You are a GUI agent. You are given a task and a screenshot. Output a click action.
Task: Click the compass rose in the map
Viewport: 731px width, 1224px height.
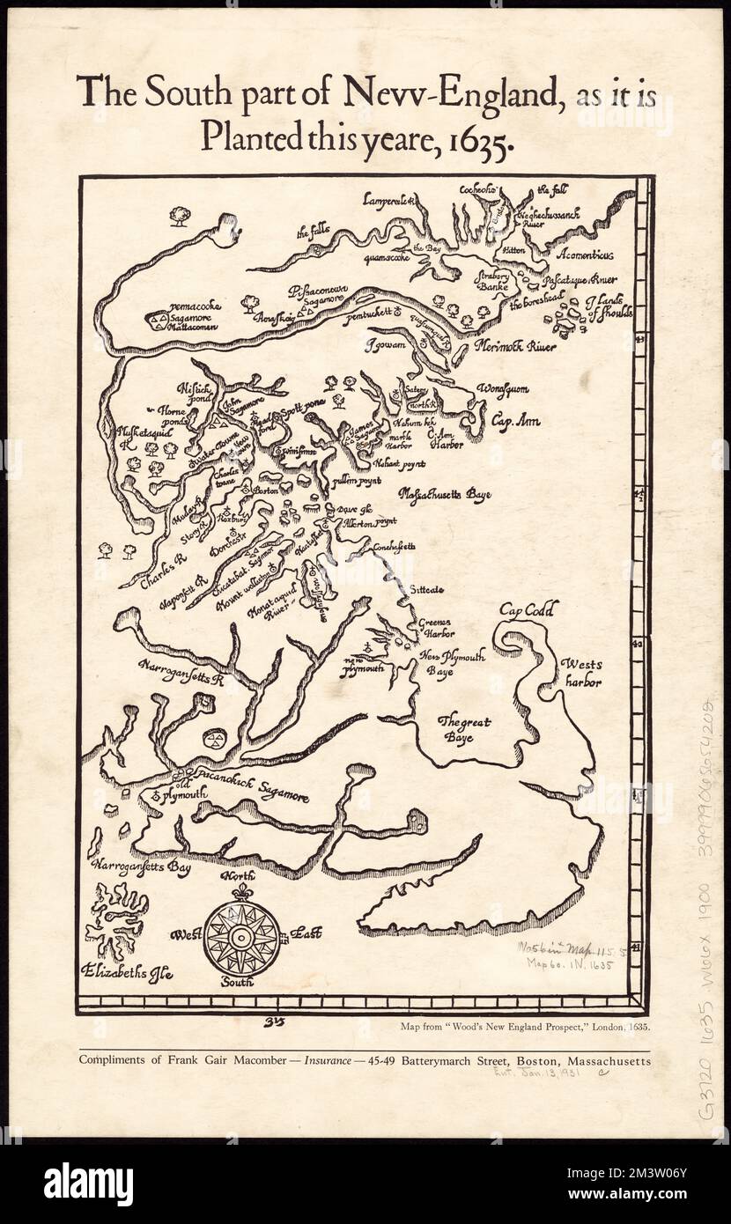tap(242, 935)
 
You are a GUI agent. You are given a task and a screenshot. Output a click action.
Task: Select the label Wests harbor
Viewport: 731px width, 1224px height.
tap(583, 672)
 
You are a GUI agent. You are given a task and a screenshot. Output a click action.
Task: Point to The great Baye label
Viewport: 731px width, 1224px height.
tap(464, 729)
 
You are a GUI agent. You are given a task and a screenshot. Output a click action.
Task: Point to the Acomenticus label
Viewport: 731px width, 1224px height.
tap(585, 254)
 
